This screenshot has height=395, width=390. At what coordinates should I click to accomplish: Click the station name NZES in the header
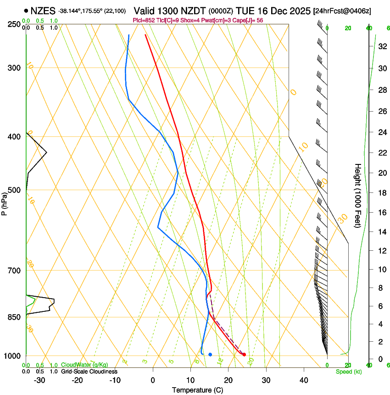pyautogui.click(x=44, y=11)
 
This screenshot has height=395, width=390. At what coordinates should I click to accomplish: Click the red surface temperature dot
pyautogui.click(x=244, y=354)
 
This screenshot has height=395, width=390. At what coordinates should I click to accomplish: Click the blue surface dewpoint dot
pyautogui.click(x=210, y=354)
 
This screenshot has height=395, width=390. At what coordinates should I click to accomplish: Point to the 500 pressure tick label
pyautogui.click(x=14, y=190)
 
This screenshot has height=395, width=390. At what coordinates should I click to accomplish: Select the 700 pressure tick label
pyautogui.click(x=14, y=271)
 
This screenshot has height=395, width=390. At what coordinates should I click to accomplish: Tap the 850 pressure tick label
pyautogui.click(x=14, y=317)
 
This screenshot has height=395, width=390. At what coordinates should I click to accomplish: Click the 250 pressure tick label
pyautogui.click(x=14, y=24)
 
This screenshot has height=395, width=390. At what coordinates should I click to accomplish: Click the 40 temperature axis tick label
pyautogui.click(x=304, y=380)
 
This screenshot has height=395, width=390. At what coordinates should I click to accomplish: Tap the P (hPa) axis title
pyautogui.click(x=4, y=202)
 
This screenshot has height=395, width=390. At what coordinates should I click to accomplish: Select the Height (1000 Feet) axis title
pyautogui.click(x=358, y=195)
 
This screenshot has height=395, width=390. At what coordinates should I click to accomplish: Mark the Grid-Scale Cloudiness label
pyautogui.click(x=89, y=372)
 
